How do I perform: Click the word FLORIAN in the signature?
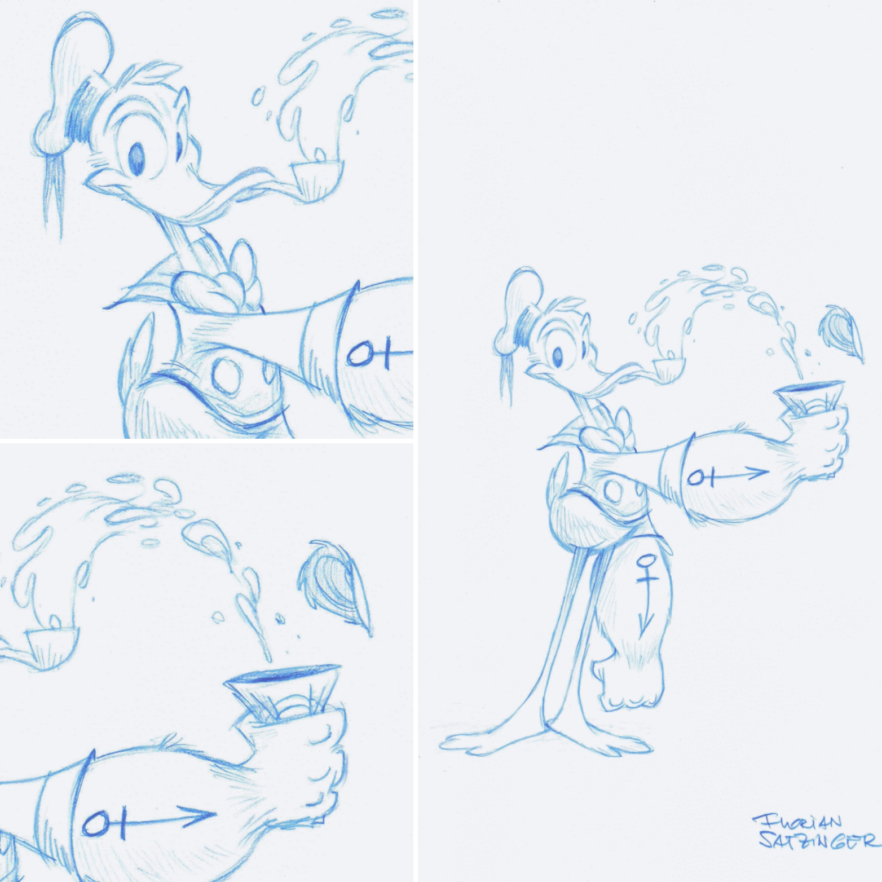point(797,821)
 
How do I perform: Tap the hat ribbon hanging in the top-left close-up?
point(54,195)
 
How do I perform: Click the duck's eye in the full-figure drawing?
point(557,356)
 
